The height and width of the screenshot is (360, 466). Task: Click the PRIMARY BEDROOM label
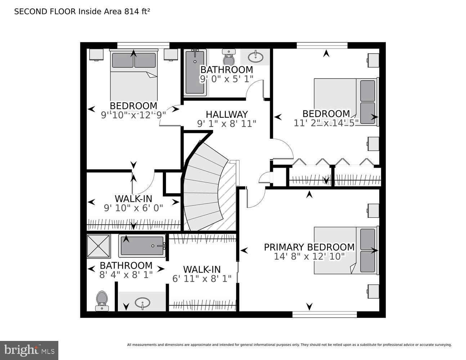[309, 247]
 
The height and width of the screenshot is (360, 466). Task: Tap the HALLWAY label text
[227, 114]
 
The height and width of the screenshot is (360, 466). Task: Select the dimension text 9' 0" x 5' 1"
[227, 78]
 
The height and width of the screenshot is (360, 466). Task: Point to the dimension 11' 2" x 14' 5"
[326, 123]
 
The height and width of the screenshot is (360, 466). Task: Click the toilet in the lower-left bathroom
[102, 300]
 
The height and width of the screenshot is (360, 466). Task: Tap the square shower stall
[98, 246]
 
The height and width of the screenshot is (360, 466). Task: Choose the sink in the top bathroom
[255, 56]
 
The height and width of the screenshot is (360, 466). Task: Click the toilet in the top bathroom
[229, 57]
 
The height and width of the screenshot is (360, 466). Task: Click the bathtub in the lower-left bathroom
[142, 246]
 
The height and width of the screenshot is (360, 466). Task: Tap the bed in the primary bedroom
[346, 250]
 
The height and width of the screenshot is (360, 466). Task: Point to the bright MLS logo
[29, 350]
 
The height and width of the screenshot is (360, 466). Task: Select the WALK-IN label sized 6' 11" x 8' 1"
[202, 269]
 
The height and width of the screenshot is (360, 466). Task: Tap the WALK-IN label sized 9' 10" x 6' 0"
[133, 198]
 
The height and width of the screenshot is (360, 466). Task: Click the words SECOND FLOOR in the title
[45, 12]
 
